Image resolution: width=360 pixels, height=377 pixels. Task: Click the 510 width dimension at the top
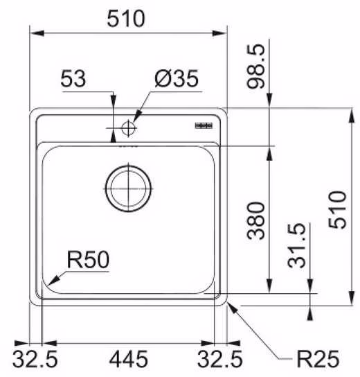(125, 19)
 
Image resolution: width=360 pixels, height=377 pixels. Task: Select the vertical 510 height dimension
(337, 210)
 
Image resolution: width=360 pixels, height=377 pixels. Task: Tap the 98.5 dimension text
(256, 67)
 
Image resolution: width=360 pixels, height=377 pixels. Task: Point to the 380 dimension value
(256, 220)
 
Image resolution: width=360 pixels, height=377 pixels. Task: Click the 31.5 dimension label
(297, 246)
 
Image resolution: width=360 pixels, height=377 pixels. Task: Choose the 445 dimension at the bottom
(129, 359)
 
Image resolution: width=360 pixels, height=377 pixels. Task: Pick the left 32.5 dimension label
(35, 359)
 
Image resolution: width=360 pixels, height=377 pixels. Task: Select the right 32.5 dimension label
(219, 359)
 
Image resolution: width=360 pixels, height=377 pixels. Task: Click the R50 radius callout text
(88, 260)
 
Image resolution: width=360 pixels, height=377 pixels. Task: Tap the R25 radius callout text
(318, 359)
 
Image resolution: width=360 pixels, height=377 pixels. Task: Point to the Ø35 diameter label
(177, 78)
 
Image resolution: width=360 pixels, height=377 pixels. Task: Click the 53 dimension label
(73, 78)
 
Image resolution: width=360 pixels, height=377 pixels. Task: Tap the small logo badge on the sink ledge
(204, 125)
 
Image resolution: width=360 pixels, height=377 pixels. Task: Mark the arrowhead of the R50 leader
(53, 281)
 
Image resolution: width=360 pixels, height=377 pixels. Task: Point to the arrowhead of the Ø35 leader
(138, 116)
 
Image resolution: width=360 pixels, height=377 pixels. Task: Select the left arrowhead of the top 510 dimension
(37, 33)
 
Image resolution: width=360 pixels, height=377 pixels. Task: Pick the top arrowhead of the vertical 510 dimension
(352, 116)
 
